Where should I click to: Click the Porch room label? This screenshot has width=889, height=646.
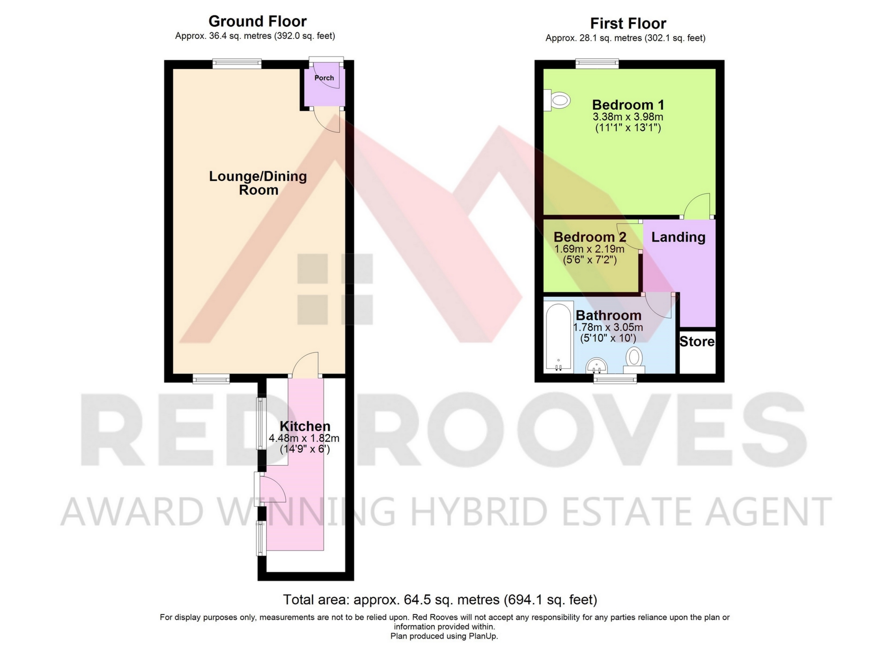pyautogui.click(x=324, y=78)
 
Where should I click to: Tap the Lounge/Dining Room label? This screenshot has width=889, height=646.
pyautogui.click(x=258, y=183)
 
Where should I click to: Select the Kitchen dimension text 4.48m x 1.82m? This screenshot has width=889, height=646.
pyautogui.click(x=304, y=438)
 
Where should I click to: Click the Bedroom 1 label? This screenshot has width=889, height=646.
pyautogui.click(x=628, y=105)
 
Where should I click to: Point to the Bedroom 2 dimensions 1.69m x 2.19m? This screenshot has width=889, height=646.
pyautogui.click(x=589, y=249)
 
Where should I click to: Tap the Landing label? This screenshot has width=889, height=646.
pyautogui.click(x=678, y=237)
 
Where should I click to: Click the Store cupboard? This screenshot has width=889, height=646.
pyautogui.click(x=697, y=352)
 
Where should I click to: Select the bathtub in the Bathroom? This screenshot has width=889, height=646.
pyautogui.click(x=559, y=337)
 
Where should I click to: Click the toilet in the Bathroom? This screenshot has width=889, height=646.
pyautogui.click(x=634, y=360)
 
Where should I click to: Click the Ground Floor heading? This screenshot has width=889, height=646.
pyautogui.click(x=257, y=21)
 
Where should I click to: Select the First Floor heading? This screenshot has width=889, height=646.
pyautogui.click(x=628, y=23)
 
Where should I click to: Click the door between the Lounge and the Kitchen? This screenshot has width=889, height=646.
pyautogui.click(x=306, y=364)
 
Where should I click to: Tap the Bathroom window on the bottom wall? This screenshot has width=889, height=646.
pyautogui.click(x=615, y=379)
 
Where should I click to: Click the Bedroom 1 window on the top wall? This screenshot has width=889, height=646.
pyautogui.click(x=597, y=63)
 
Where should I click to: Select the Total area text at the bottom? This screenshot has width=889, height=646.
pyautogui.click(x=440, y=600)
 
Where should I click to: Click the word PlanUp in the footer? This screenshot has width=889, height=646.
pyautogui.click(x=484, y=636)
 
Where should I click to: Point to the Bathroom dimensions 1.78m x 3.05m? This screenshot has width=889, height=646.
pyautogui.click(x=608, y=327)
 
